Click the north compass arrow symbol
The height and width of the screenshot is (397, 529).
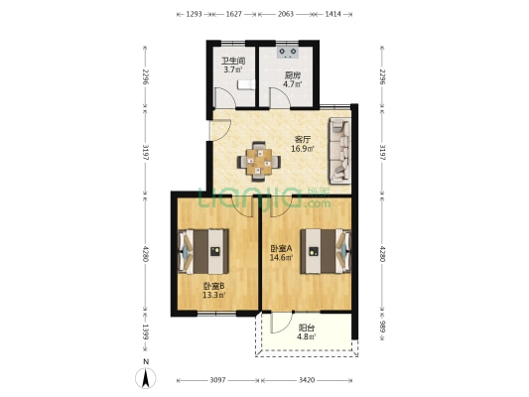[x=146, y=378]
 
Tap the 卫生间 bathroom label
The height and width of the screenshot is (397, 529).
[x=233, y=62]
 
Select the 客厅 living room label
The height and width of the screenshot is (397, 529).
[x=303, y=140]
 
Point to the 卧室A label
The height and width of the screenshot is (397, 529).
[x=281, y=249]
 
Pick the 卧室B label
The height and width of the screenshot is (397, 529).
[x=214, y=287]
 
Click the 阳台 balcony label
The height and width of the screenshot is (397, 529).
[x=307, y=328]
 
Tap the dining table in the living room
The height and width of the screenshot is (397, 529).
[x=259, y=162]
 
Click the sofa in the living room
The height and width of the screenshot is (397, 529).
[x=340, y=151]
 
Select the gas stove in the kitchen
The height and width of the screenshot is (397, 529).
[x=288, y=52]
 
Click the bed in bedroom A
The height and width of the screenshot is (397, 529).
[x=326, y=251]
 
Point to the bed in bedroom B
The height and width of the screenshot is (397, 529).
[x=203, y=251]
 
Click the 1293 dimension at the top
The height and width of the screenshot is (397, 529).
[x=194, y=14]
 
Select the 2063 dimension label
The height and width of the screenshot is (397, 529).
[x=286, y=14]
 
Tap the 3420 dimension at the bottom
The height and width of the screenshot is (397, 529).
[x=307, y=380]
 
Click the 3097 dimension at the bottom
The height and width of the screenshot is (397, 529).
[x=217, y=380]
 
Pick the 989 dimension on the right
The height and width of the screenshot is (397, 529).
[x=381, y=327]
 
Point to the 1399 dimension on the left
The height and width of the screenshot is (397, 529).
[x=146, y=331]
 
